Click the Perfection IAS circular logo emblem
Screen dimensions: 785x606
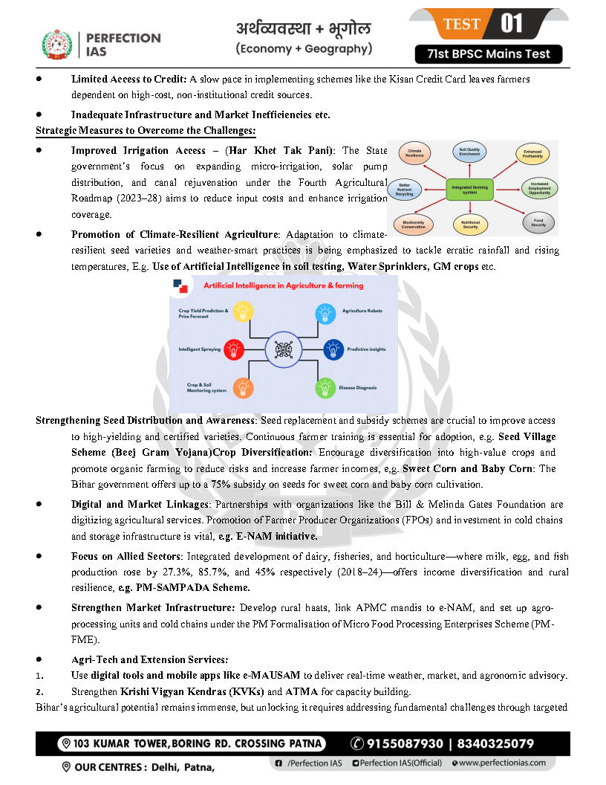click(x=57, y=44)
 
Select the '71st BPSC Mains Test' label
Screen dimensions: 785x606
click(x=488, y=54)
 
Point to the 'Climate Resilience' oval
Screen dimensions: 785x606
click(x=415, y=154)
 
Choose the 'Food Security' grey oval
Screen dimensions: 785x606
click(x=538, y=222)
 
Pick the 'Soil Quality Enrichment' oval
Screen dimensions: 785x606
click(x=469, y=151)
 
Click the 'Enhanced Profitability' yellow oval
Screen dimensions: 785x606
click(x=532, y=155)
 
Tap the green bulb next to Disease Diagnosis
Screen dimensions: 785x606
click(x=325, y=387)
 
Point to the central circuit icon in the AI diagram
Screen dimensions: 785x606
click(x=283, y=349)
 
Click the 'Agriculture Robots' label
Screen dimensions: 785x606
click(x=362, y=311)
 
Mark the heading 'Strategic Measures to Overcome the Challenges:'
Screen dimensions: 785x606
click(x=146, y=131)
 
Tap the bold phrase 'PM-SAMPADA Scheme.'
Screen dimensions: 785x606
click(x=168, y=588)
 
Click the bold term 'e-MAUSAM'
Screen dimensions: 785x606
click(x=268, y=675)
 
